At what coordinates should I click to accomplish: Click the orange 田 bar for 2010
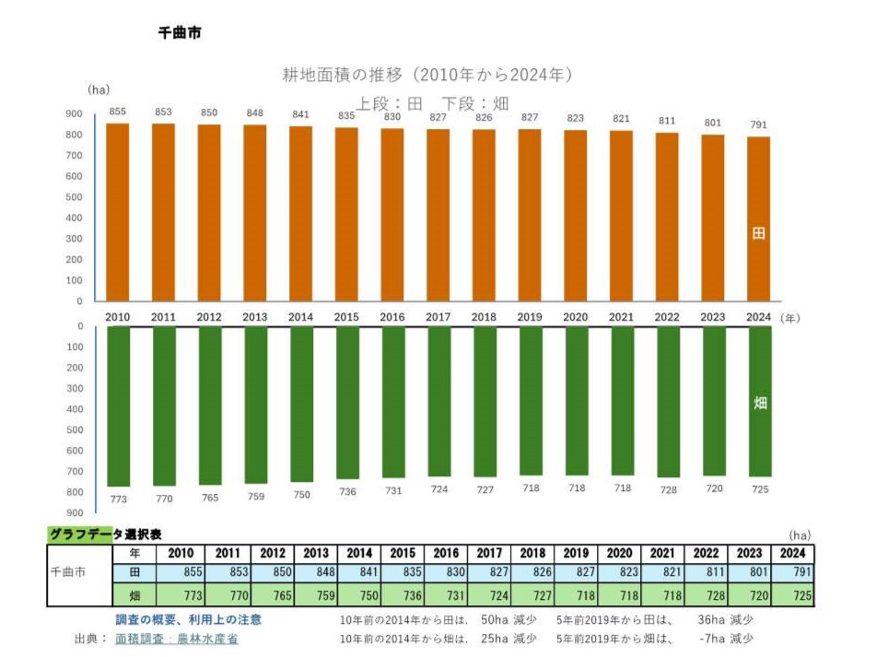point(118,212)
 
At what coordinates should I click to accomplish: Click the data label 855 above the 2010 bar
point(118,111)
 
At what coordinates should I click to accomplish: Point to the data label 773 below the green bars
point(118,499)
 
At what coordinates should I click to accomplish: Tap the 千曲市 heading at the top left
point(180,32)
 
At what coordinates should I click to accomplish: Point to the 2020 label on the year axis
point(576,317)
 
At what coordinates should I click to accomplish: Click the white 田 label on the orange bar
point(759,234)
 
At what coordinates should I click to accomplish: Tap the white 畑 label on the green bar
point(760,403)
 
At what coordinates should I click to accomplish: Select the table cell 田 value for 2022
point(707,573)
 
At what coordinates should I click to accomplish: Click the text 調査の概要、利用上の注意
point(188,619)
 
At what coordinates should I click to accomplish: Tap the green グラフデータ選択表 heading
point(105,534)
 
